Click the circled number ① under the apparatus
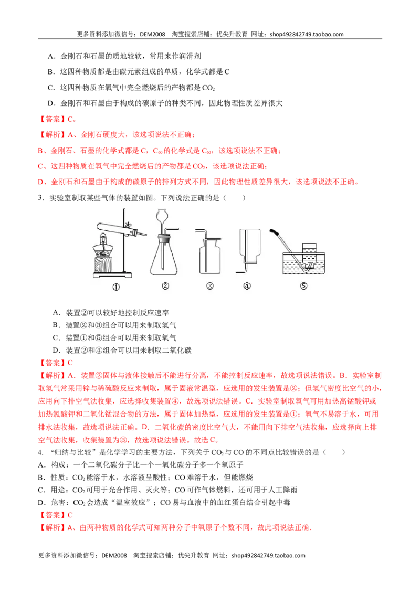[x=116, y=287]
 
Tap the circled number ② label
[x=165, y=286]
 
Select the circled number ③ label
[x=209, y=286]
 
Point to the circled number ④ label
[x=247, y=286]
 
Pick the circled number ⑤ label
[x=303, y=286]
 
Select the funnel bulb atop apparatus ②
[x=162, y=216]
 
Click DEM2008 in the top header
[x=152, y=34]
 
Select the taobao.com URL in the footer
[x=268, y=555]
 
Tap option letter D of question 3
[x=56, y=351]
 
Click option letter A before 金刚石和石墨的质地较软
[x=51, y=57]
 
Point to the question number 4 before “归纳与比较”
[x=40, y=452]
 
